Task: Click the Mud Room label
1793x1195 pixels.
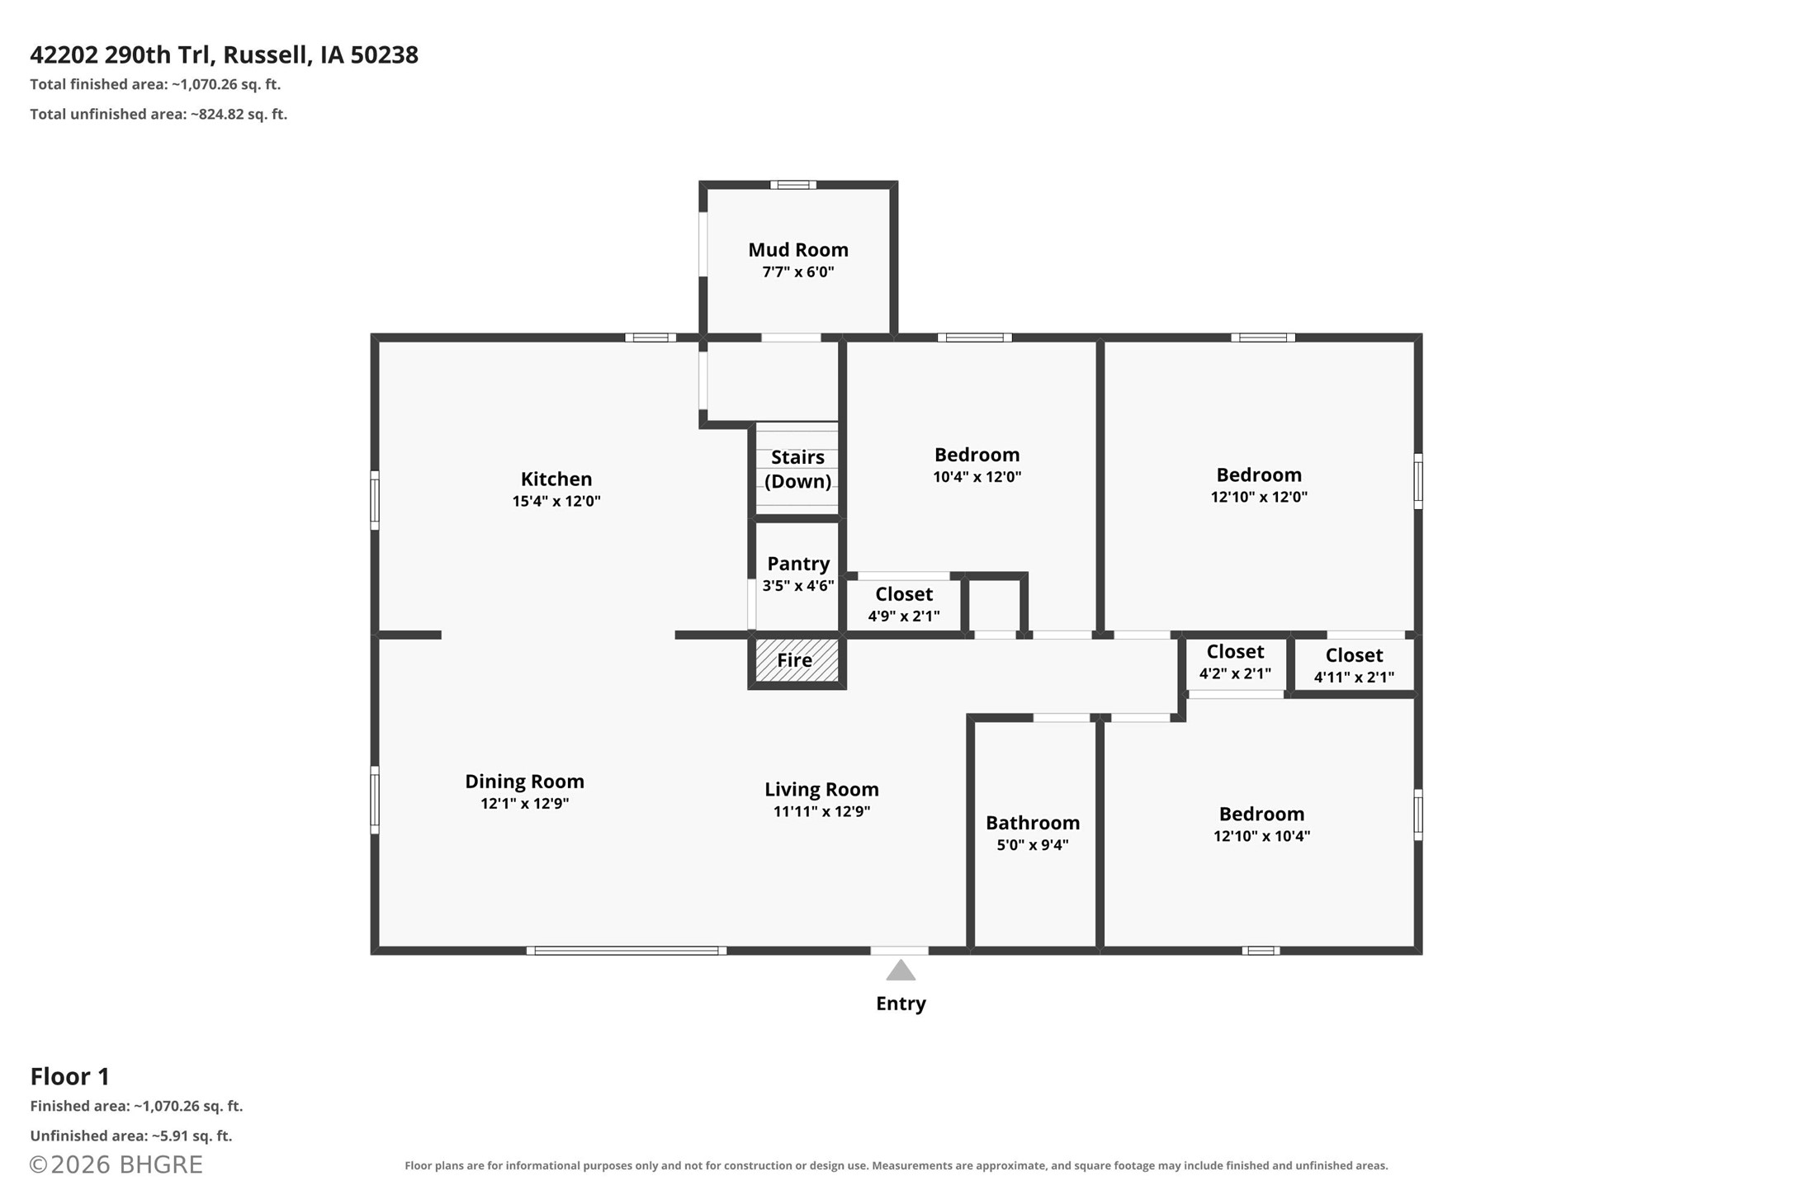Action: point(797,249)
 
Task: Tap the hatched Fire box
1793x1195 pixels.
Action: point(797,660)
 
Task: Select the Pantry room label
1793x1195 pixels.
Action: point(797,564)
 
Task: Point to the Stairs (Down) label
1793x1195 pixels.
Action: point(797,469)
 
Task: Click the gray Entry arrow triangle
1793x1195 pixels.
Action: point(901,970)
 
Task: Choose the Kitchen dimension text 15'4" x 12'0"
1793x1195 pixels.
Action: point(556,501)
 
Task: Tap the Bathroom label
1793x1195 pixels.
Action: point(1033,823)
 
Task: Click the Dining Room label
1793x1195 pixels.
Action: point(524,782)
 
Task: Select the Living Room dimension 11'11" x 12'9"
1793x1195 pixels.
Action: point(821,811)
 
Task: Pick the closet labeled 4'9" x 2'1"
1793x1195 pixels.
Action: point(904,604)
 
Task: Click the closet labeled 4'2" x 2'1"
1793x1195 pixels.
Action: point(1235,662)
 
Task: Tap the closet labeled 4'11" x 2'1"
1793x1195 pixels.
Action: point(1354,665)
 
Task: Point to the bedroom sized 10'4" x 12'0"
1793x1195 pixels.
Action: point(977,465)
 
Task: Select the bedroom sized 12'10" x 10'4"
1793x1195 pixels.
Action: point(1261,824)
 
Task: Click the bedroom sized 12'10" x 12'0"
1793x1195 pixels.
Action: point(1259,485)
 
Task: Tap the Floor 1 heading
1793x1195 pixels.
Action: point(70,1076)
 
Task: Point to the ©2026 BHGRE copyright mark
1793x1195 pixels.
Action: point(116,1164)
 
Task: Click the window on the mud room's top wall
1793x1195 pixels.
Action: point(793,185)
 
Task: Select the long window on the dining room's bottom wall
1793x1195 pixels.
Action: point(627,951)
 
